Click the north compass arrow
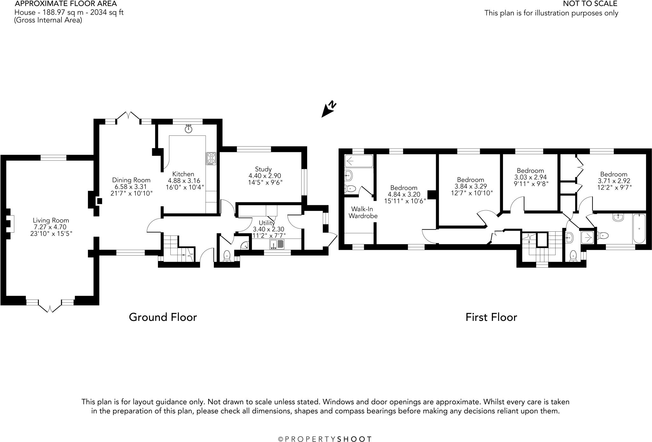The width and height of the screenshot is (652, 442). (329, 110)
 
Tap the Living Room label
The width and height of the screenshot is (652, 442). (51, 220)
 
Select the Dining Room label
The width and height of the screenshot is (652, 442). (131, 180)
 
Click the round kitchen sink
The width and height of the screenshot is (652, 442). (188, 129)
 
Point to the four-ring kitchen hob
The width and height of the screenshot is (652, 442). (211, 158)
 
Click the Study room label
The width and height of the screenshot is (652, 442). (263, 169)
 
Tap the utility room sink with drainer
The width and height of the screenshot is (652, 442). (277, 244)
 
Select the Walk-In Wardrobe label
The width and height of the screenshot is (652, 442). (363, 213)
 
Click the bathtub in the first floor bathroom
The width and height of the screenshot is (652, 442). (639, 229)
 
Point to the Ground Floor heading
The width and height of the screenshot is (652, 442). (163, 317)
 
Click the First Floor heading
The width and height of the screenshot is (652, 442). (491, 317)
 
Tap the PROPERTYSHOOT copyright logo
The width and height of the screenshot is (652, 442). (325, 439)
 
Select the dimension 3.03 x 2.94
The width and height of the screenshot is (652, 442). (530, 177)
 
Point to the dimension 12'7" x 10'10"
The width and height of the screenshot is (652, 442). (472, 193)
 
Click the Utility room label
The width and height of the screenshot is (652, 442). (267, 223)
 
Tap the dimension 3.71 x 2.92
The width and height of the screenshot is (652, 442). (614, 181)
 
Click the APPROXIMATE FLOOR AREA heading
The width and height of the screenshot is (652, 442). (66, 4)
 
